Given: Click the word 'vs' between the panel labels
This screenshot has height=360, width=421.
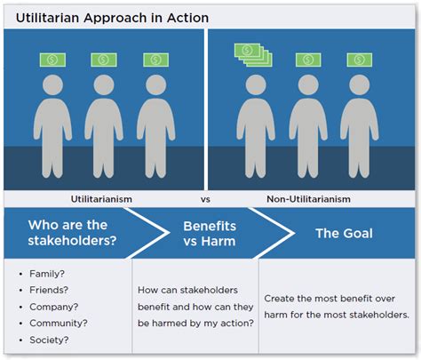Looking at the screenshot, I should tap(206, 200).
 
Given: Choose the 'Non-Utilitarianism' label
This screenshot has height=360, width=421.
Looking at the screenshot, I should tap(307, 200).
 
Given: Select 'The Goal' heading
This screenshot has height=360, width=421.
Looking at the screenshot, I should tap(346, 234).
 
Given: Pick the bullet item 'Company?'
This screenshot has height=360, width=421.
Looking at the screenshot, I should tap(51, 306).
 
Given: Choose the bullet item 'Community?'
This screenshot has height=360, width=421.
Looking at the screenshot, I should tap(55, 322).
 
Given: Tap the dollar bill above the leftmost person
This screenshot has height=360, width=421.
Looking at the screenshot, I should tap(52, 60).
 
